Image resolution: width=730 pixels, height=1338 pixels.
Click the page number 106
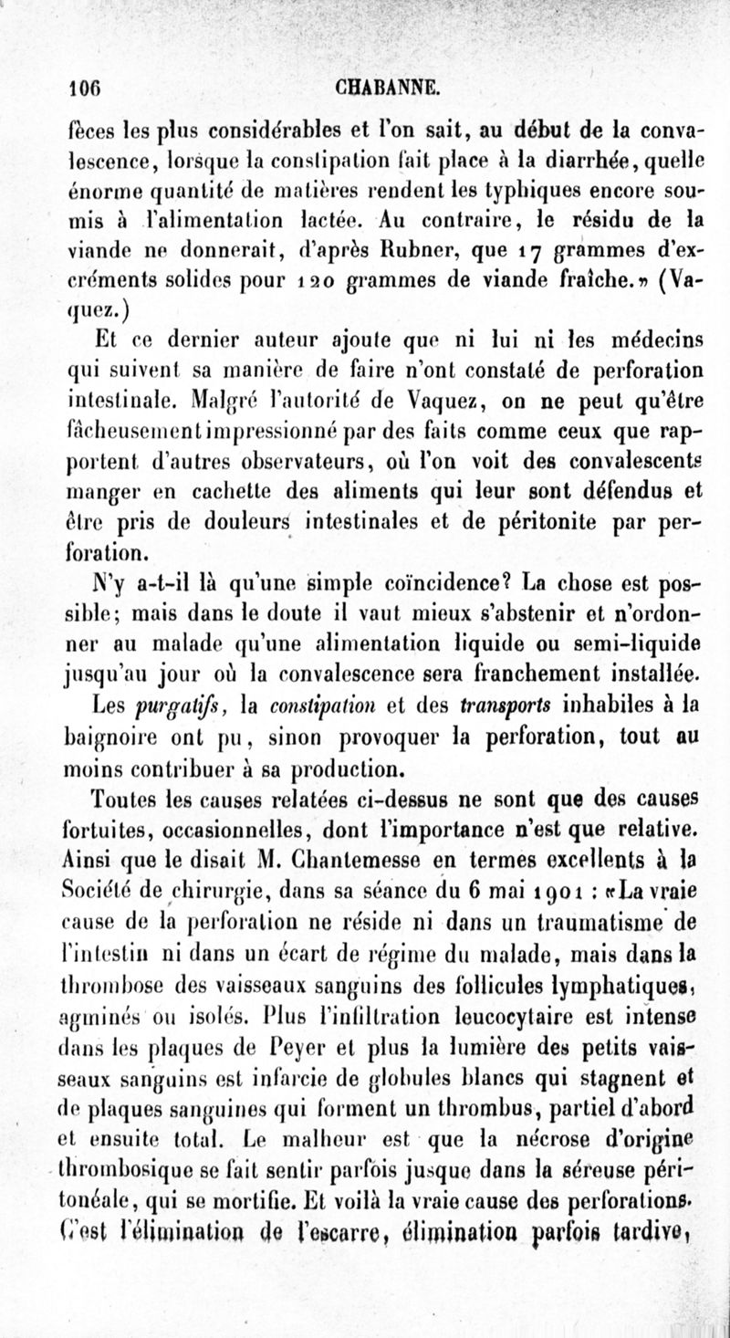click(x=89, y=89)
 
